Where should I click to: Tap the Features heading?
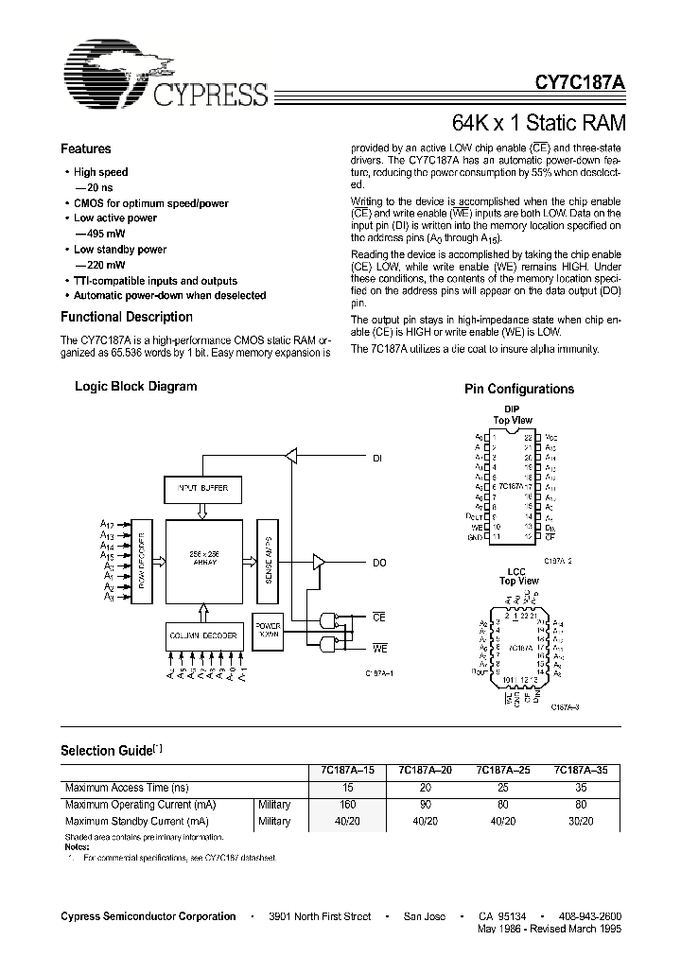(x=86, y=149)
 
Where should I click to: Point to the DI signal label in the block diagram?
(x=378, y=459)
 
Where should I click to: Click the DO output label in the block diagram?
(x=379, y=563)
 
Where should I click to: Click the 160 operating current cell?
(x=347, y=805)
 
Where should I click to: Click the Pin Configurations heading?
(x=519, y=390)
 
